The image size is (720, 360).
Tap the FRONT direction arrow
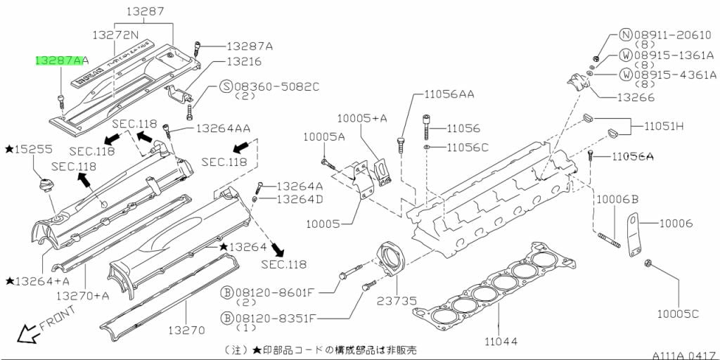pos(28,333)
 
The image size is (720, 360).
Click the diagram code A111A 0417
pos(681,354)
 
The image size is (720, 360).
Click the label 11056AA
pos(449,94)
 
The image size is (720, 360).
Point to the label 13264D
pos(300,199)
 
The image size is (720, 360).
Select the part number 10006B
pos(617,200)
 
